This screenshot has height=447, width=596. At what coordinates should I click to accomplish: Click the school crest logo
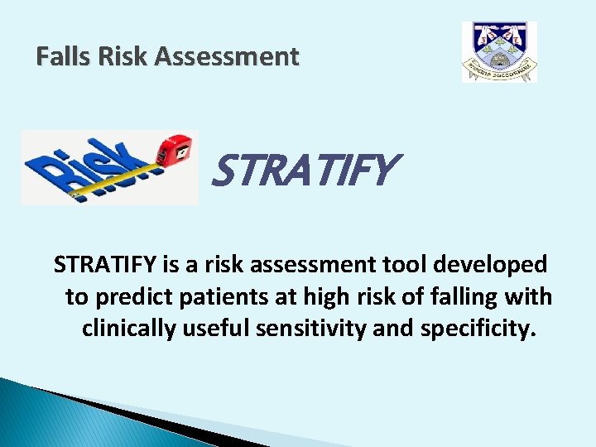coord(499,52)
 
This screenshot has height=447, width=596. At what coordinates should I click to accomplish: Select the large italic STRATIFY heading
coord(302,171)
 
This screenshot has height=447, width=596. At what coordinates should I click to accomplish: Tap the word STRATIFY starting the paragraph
coord(103,265)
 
